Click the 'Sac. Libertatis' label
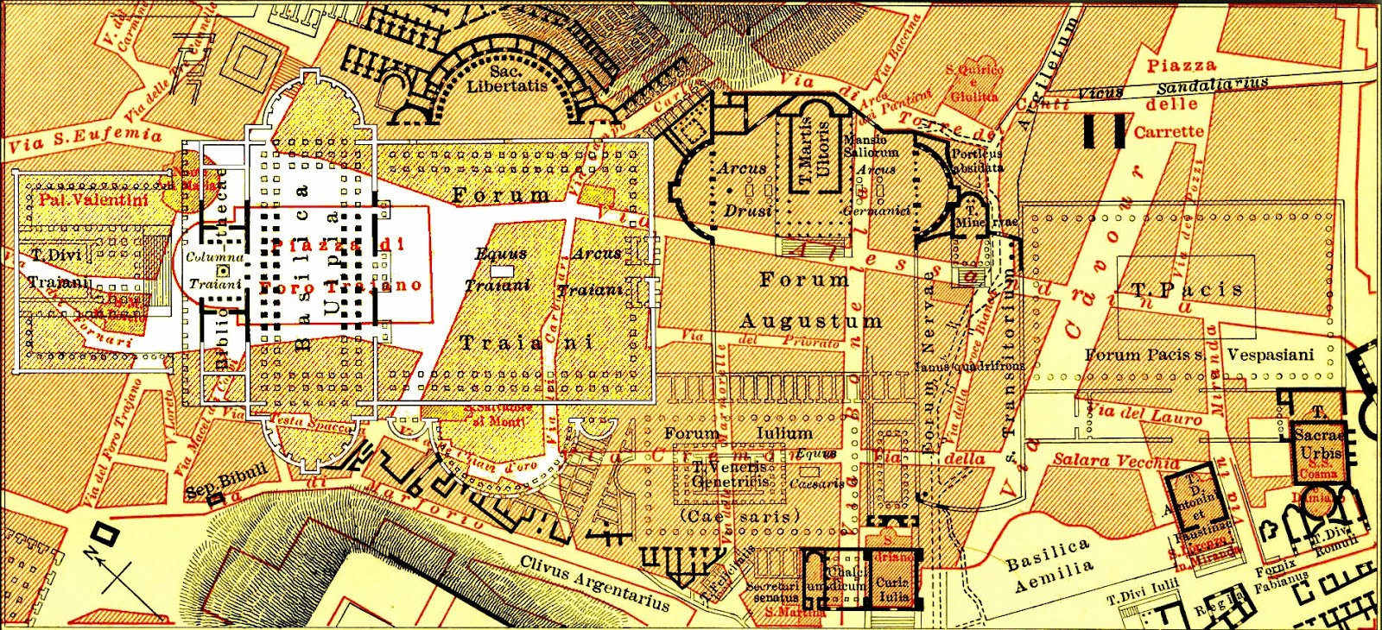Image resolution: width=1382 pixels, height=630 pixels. point(507,79)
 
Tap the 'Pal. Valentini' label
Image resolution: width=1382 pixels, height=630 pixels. point(93,199)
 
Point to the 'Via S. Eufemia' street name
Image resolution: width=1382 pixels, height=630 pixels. point(85,140)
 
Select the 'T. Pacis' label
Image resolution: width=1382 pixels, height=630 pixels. point(1187,291)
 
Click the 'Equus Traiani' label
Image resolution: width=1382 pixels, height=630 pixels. point(500,268)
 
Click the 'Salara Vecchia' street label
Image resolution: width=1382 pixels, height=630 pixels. point(1115,461)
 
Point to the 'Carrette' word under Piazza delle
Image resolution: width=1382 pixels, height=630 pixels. point(1168,132)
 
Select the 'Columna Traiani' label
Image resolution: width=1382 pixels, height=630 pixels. point(215,270)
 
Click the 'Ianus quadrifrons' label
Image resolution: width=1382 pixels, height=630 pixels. point(969,366)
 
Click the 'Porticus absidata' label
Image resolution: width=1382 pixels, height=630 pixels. point(977,160)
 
